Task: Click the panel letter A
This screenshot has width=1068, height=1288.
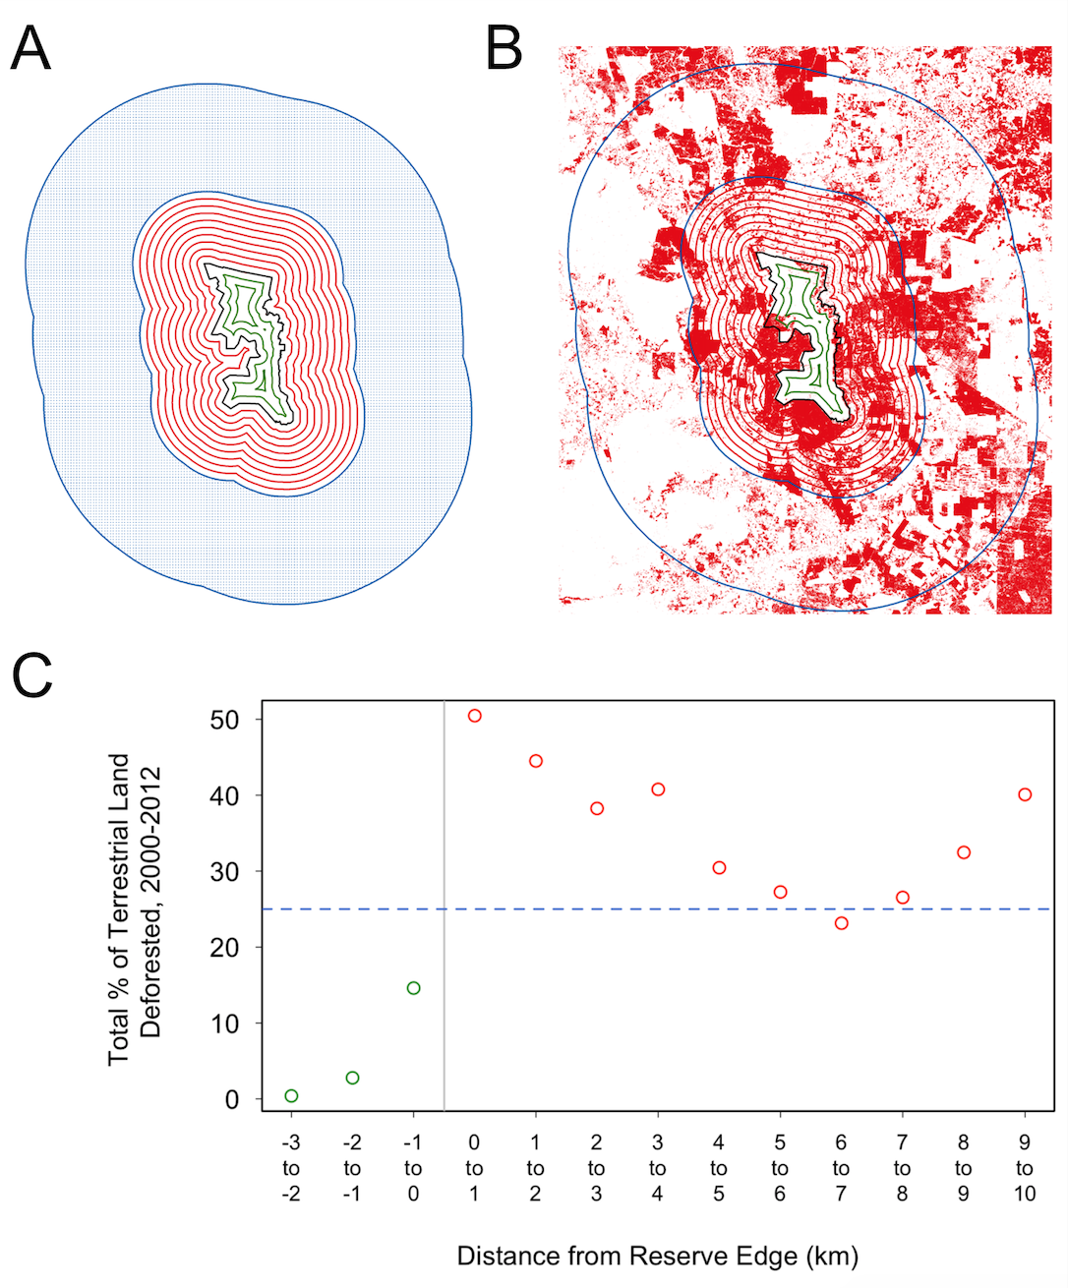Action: tap(30, 49)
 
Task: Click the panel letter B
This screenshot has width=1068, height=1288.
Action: tap(504, 49)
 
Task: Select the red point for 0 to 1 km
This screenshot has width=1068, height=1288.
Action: tap(475, 716)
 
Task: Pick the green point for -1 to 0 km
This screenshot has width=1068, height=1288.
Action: tap(414, 988)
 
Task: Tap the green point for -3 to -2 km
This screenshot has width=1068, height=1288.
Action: tap(291, 1096)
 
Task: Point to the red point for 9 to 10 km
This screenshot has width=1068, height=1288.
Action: tap(1025, 794)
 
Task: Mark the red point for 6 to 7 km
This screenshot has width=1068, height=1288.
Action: tap(841, 923)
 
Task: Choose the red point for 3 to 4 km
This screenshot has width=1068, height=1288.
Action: tap(658, 790)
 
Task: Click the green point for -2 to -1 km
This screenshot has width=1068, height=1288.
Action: tap(352, 1078)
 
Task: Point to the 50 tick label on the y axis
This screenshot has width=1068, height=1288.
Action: tap(224, 720)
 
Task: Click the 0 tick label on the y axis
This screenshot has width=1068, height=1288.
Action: tap(232, 1099)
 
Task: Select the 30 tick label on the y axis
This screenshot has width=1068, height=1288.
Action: tap(224, 872)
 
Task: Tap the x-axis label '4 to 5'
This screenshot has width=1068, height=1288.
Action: tap(719, 1168)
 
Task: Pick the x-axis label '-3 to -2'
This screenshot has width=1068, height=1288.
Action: tap(291, 1168)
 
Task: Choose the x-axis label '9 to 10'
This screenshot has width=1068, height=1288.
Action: tap(1025, 1168)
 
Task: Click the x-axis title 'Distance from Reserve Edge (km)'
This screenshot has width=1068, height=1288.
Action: tap(657, 1256)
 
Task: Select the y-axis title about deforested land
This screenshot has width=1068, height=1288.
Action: tap(134, 908)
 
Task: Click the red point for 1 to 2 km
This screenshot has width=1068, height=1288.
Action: tap(536, 761)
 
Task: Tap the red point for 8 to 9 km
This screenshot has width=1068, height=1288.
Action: tap(964, 852)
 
